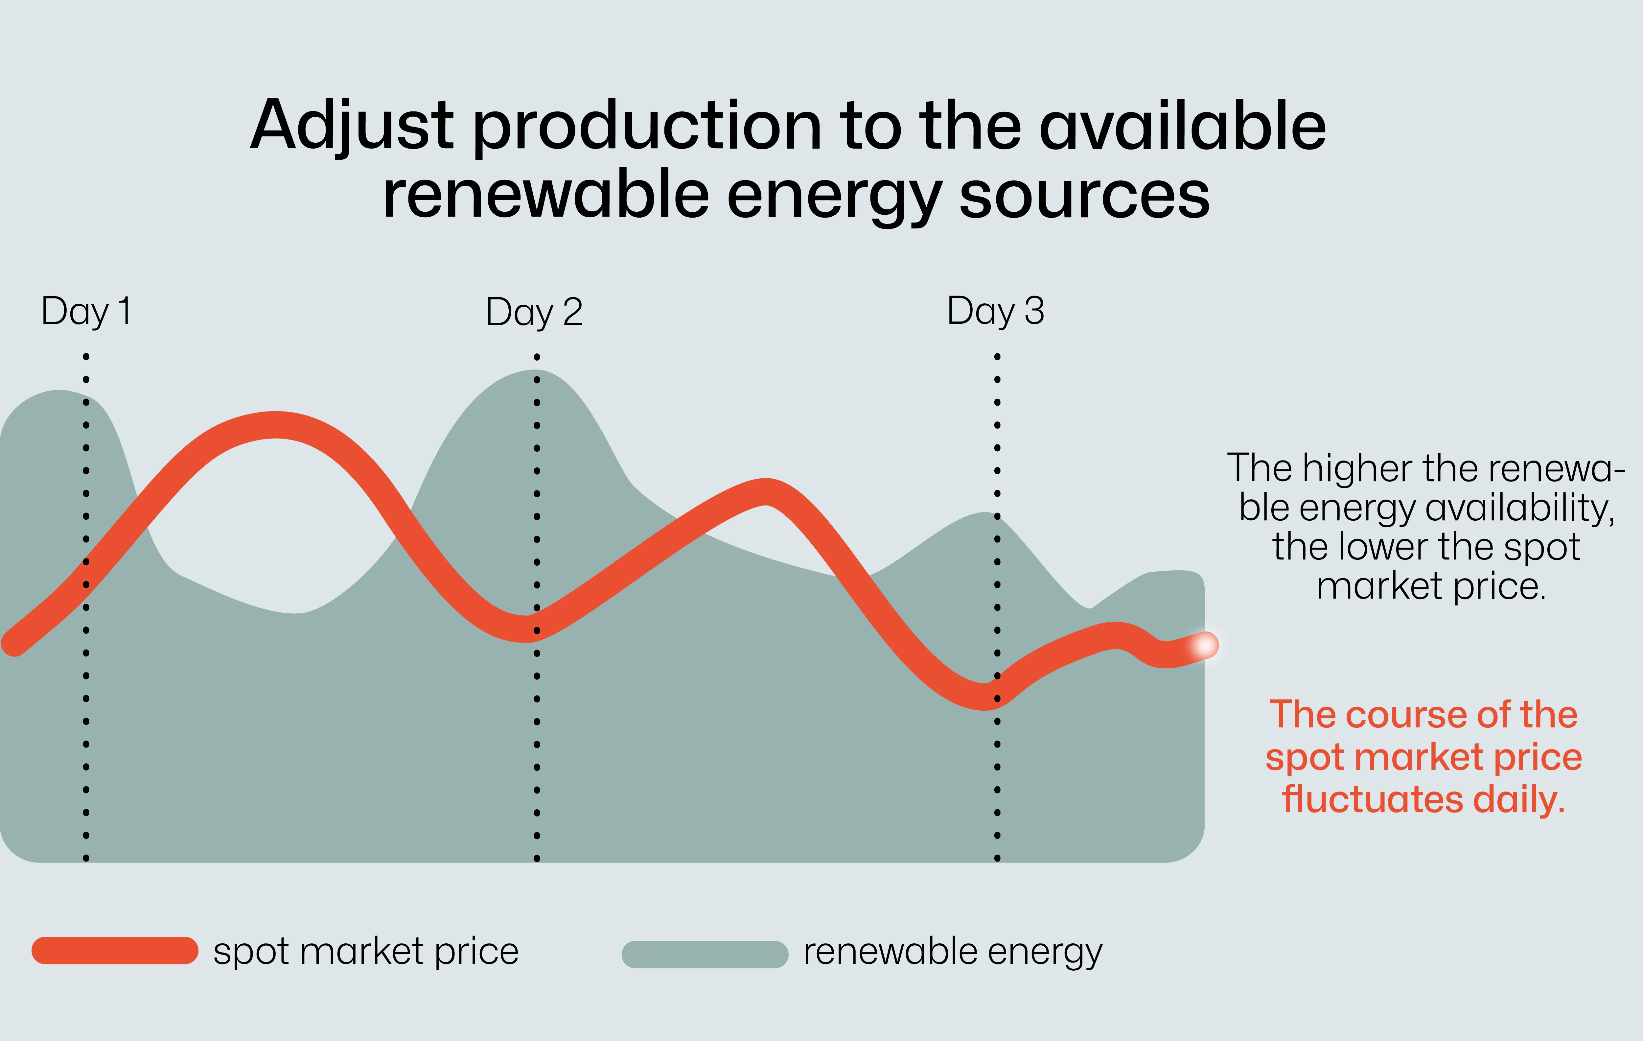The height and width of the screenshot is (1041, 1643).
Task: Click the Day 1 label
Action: (x=86, y=312)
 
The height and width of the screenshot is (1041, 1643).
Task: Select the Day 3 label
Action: (x=995, y=312)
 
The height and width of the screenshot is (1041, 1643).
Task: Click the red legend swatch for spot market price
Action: (x=115, y=950)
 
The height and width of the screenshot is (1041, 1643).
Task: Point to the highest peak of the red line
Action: (x=276, y=425)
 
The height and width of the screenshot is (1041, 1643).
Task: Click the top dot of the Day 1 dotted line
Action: (x=86, y=356)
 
